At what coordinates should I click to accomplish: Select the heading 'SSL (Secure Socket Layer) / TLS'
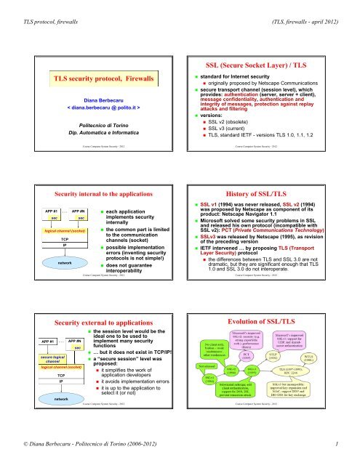[270, 62]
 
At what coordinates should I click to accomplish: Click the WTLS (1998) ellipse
[329, 379]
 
